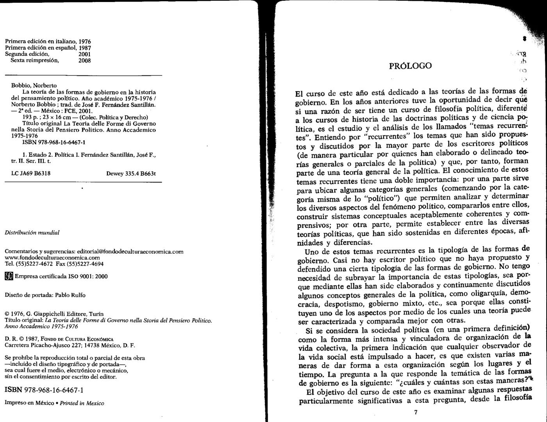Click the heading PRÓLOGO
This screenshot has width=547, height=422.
pos(410,66)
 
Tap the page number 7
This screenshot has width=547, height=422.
pos(416,412)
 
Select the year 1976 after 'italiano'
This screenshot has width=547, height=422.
pos(85,41)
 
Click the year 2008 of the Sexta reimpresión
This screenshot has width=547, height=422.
pos(85,61)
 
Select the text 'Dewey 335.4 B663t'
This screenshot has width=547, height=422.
pos(131,173)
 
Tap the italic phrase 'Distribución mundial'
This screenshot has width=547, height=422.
pos(32,232)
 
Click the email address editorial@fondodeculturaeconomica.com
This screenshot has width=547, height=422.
pos(130,252)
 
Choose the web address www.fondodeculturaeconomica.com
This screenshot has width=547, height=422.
pos(52,258)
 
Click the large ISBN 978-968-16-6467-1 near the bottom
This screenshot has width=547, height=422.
pos(44,390)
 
